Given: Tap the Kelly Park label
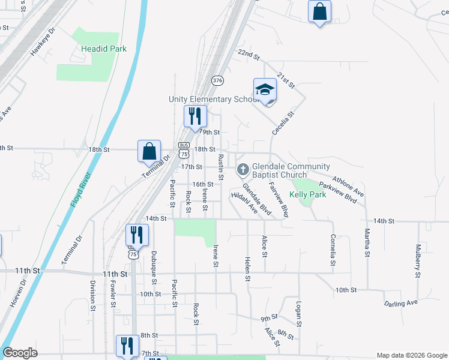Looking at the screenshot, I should (x=307, y=194).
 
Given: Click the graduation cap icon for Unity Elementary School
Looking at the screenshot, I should (x=265, y=90).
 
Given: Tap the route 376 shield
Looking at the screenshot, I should (x=217, y=80).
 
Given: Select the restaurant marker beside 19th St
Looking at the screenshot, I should (x=195, y=116).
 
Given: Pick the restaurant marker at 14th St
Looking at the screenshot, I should (x=137, y=235).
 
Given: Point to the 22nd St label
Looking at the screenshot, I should (x=249, y=55).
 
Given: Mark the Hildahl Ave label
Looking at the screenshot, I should (x=245, y=203).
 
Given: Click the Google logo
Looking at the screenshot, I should (x=20, y=353).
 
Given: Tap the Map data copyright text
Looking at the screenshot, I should (x=411, y=355).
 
